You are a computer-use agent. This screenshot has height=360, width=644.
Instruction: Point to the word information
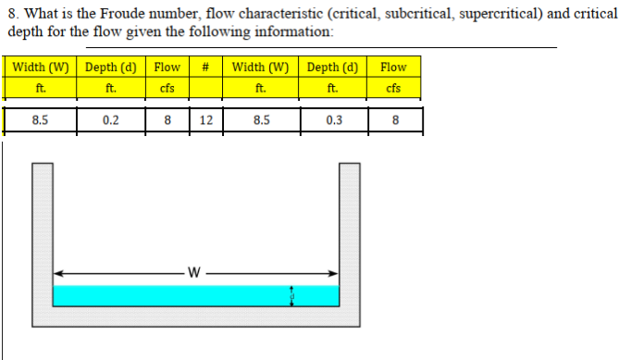287,31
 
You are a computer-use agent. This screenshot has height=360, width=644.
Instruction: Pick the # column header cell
208,67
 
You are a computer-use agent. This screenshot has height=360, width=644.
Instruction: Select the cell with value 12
208,119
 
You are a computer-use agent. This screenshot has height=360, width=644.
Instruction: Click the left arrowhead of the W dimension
57,273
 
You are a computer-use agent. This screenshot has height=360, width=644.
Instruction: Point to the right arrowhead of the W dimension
332,273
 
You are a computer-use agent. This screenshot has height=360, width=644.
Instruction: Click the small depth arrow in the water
292,295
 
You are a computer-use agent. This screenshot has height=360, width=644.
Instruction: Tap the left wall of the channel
43,231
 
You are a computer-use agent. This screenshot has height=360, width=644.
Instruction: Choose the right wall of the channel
349,231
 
